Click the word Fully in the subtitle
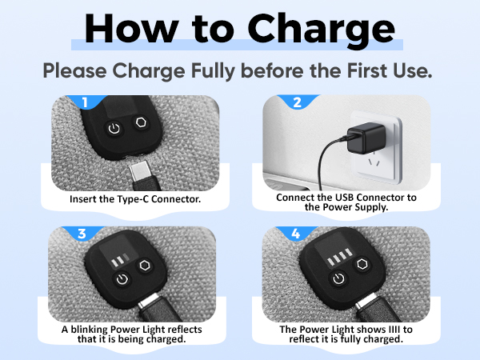213,70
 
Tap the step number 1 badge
85,102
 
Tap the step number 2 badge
297,102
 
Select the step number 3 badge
82,234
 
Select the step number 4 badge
296,234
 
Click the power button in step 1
114,129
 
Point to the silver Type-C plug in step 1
140,172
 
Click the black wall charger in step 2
366,138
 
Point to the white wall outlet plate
376,147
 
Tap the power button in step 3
122,279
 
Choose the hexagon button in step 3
145,265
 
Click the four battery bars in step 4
339,257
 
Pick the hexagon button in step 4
362,264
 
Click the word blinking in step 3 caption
90,330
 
